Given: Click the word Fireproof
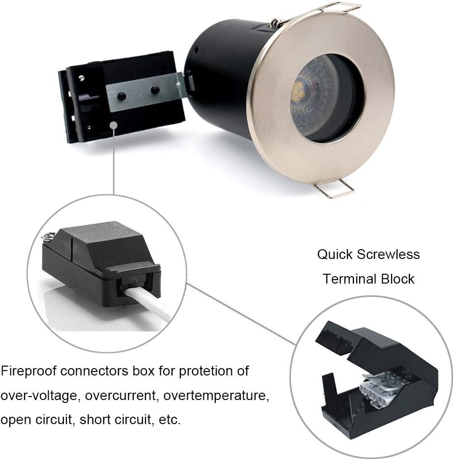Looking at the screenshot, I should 28,371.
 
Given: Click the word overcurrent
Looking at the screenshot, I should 119,396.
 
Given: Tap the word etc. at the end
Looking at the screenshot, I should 170,420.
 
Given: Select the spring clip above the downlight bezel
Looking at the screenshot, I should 339,7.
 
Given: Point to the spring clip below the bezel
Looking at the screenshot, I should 335,190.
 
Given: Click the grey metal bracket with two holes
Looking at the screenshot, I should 142,91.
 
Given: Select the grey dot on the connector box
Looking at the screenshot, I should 113,126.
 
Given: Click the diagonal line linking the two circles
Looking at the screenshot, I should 241,315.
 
